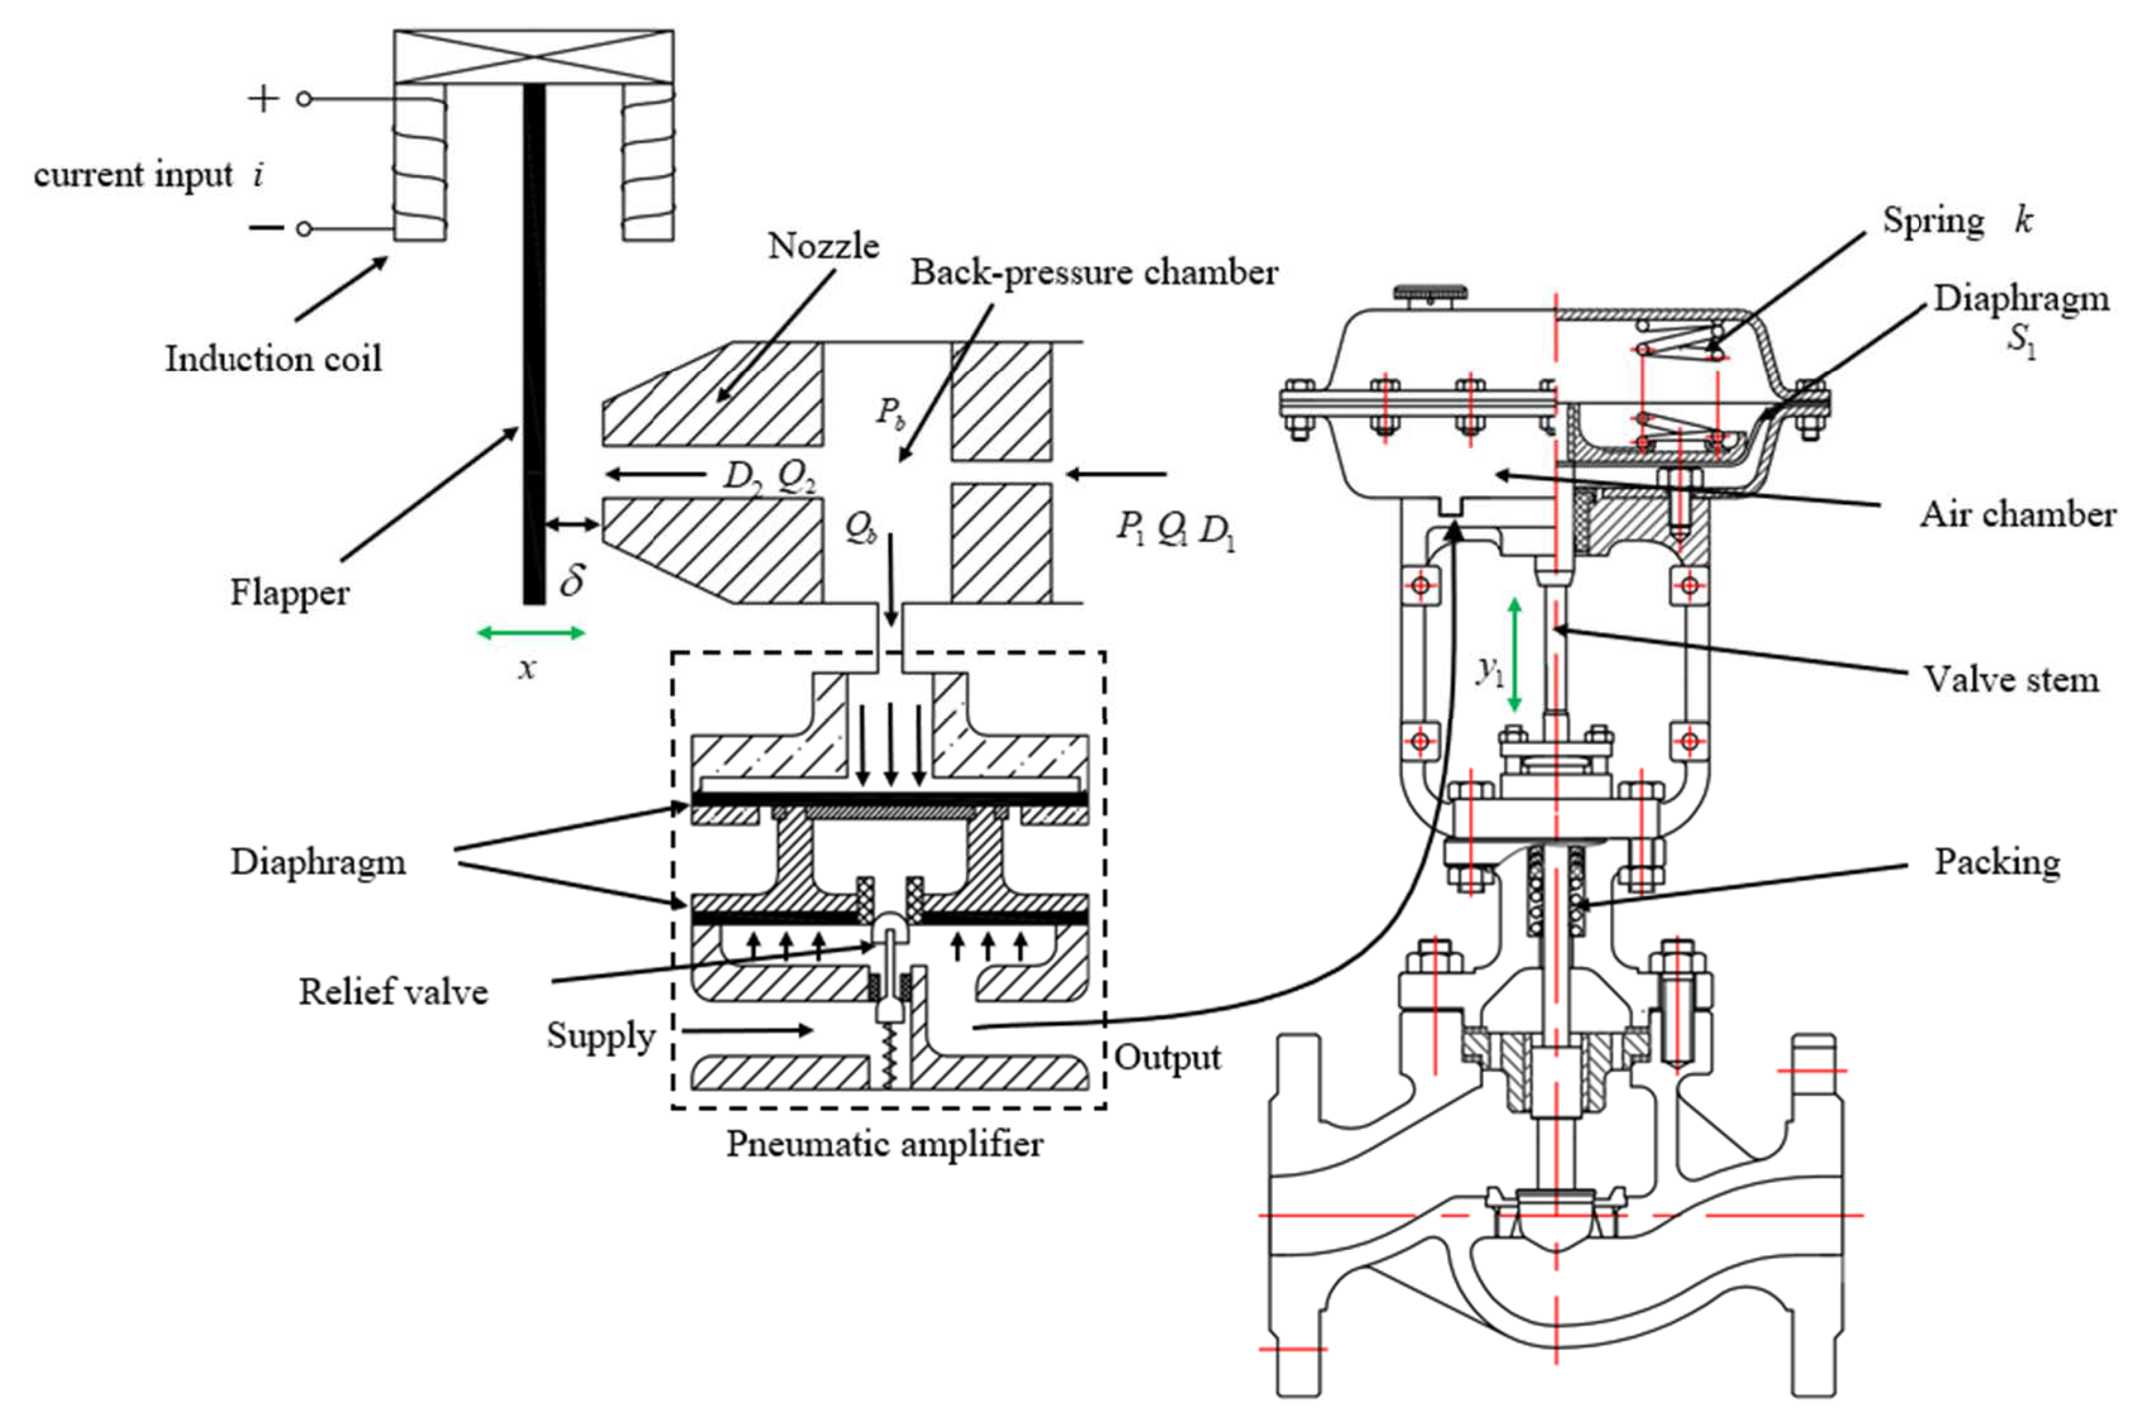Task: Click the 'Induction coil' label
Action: click(x=272, y=359)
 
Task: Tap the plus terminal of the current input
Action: click(x=304, y=99)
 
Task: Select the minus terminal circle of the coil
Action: click(x=304, y=229)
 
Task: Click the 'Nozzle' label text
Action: click(x=823, y=246)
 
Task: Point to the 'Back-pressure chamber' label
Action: click(x=1093, y=272)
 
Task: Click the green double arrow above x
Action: click(x=530, y=633)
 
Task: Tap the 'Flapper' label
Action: click(x=289, y=593)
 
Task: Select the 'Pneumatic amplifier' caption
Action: click(x=884, y=1144)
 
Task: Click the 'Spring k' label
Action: click(x=1956, y=220)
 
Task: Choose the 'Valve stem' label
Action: click(x=2010, y=679)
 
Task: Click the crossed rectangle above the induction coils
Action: click(x=534, y=56)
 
